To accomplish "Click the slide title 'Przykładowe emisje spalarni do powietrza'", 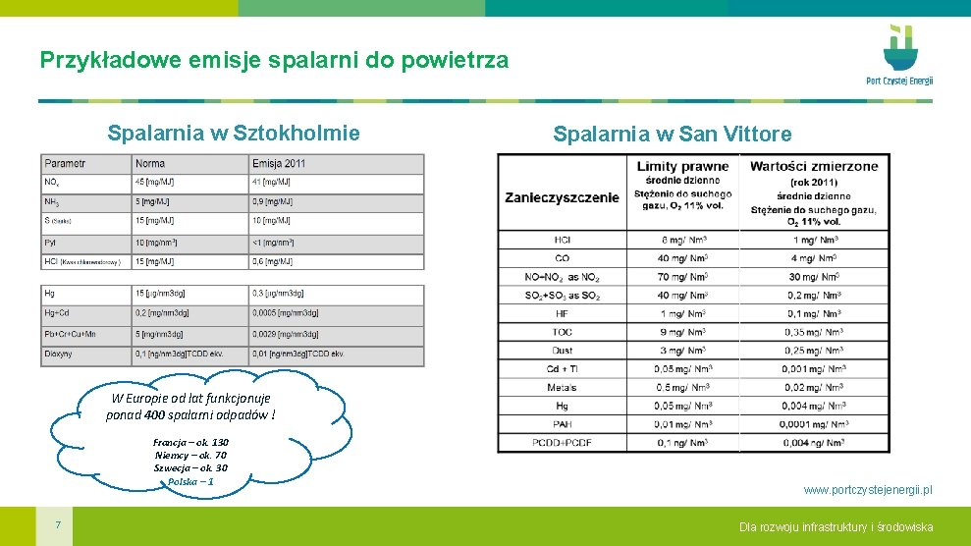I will click(x=274, y=60).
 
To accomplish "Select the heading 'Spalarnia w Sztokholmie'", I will click(x=234, y=133).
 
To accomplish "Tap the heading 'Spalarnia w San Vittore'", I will click(x=672, y=134).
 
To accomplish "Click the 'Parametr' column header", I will click(x=65, y=163).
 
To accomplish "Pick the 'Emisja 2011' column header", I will click(x=279, y=163).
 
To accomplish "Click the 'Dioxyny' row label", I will click(x=59, y=354).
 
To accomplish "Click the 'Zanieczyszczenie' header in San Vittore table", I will click(x=562, y=197).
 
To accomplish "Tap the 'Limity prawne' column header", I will click(x=682, y=166).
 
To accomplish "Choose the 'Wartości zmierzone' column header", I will click(x=814, y=166).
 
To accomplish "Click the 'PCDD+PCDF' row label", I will click(x=562, y=443).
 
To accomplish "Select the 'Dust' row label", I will click(x=562, y=351).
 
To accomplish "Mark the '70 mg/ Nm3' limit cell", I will click(x=683, y=277).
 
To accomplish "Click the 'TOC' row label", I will click(x=562, y=332).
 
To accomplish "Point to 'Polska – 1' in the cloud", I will click(x=190, y=481).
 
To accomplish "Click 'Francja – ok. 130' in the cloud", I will click(x=190, y=442).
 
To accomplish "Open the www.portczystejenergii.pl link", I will click(x=868, y=489).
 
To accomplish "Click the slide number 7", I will click(x=58, y=525).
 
